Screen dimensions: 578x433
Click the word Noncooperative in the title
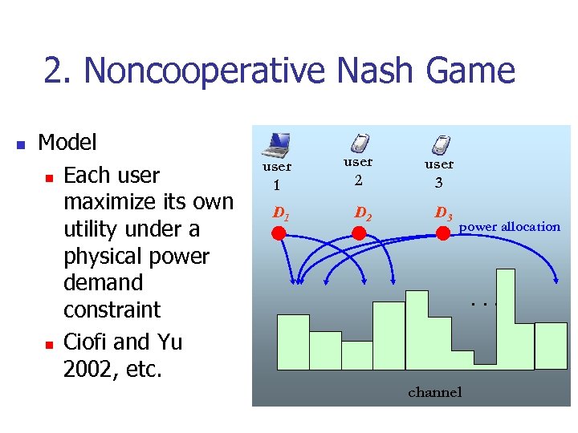[x=205, y=71]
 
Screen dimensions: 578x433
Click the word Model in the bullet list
[x=67, y=143]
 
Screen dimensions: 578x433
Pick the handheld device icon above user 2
[x=360, y=144]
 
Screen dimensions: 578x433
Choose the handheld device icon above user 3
[x=440, y=144]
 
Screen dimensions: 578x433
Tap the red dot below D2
[x=360, y=233]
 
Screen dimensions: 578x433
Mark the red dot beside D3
[x=442, y=233]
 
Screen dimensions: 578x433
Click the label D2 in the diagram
[x=363, y=214]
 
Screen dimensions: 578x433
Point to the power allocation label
[x=509, y=227]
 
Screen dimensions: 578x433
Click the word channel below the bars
[x=435, y=392]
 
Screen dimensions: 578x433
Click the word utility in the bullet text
[x=89, y=229]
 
